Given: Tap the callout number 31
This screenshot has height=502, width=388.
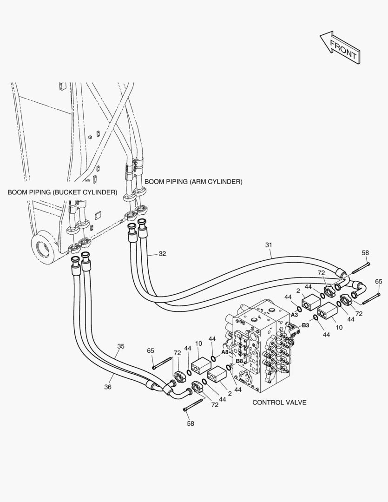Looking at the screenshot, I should (x=269, y=244).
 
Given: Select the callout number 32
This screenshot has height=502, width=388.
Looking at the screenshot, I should (x=162, y=254).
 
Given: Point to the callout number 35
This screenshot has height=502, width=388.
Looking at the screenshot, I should (x=121, y=346).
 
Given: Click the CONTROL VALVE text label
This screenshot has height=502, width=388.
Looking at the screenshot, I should (x=279, y=403).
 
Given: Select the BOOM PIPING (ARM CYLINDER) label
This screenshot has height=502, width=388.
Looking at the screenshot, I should (x=193, y=182).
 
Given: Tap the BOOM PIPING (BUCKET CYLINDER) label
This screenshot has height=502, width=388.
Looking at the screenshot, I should (x=62, y=192).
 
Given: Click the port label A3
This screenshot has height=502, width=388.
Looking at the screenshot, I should (x=294, y=315).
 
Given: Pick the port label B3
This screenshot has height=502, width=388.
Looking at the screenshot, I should (x=305, y=325).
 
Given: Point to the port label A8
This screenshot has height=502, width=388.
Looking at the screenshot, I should (x=224, y=352).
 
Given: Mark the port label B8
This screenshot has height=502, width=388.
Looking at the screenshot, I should (x=239, y=361).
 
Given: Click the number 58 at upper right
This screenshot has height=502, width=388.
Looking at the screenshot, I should (x=365, y=252).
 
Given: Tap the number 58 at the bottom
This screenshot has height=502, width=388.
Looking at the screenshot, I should (x=191, y=423).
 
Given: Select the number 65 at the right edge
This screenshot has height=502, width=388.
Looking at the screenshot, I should (x=379, y=281).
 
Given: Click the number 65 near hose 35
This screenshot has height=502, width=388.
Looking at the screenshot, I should (x=151, y=351).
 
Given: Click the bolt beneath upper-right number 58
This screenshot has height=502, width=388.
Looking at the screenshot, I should (x=358, y=269).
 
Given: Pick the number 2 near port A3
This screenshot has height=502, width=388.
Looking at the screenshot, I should (x=297, y=291).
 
